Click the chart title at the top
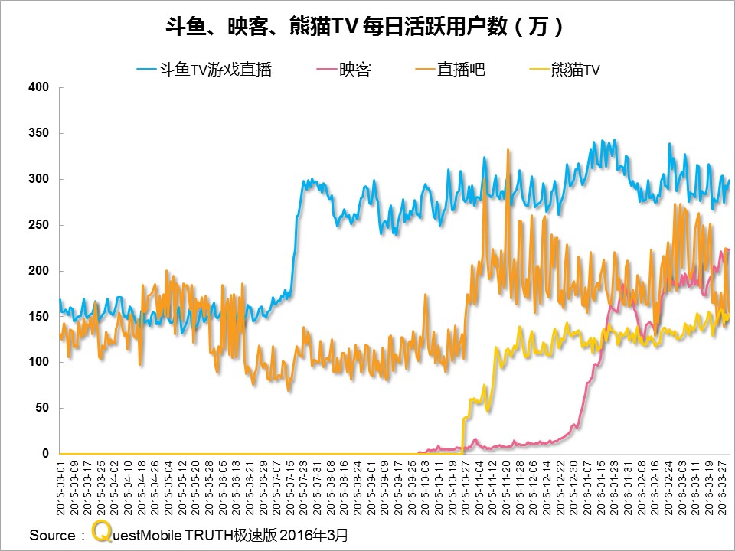pyautogui.click(x=367, y=28)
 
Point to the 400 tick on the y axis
pyautogui.click(x=39, y=87)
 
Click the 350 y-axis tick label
pyautogui.click(x=39, y=133)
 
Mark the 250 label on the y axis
pyautogui.click(x=39, y=225)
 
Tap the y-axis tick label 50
pyautogui.click(x=42, y=408)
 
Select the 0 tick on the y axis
pyautogui.click(x=45, y=454)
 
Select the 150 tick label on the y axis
pyautogui.click(x=39, y=316)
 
